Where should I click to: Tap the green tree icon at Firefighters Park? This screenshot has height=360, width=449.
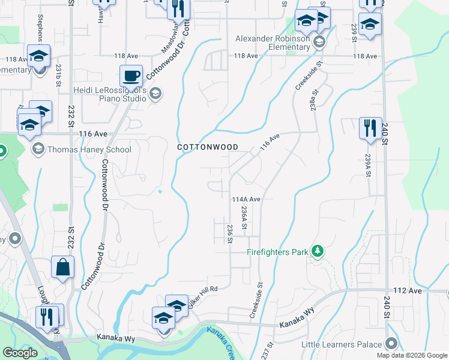point(318,251)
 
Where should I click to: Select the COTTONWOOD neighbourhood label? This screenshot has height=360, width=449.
point(208,147)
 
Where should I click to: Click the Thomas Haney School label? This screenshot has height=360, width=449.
point(89,149)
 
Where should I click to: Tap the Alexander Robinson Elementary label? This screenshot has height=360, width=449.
point(273,45)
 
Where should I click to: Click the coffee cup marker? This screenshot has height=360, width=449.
point(131,76)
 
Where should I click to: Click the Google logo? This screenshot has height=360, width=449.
point(20,353)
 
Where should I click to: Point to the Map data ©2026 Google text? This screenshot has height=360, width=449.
point(412,355)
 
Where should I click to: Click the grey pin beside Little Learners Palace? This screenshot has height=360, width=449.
point(392,344)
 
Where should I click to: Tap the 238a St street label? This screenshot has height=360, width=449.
point(313,97)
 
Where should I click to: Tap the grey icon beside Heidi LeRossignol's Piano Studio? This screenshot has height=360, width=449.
point(155,92)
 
